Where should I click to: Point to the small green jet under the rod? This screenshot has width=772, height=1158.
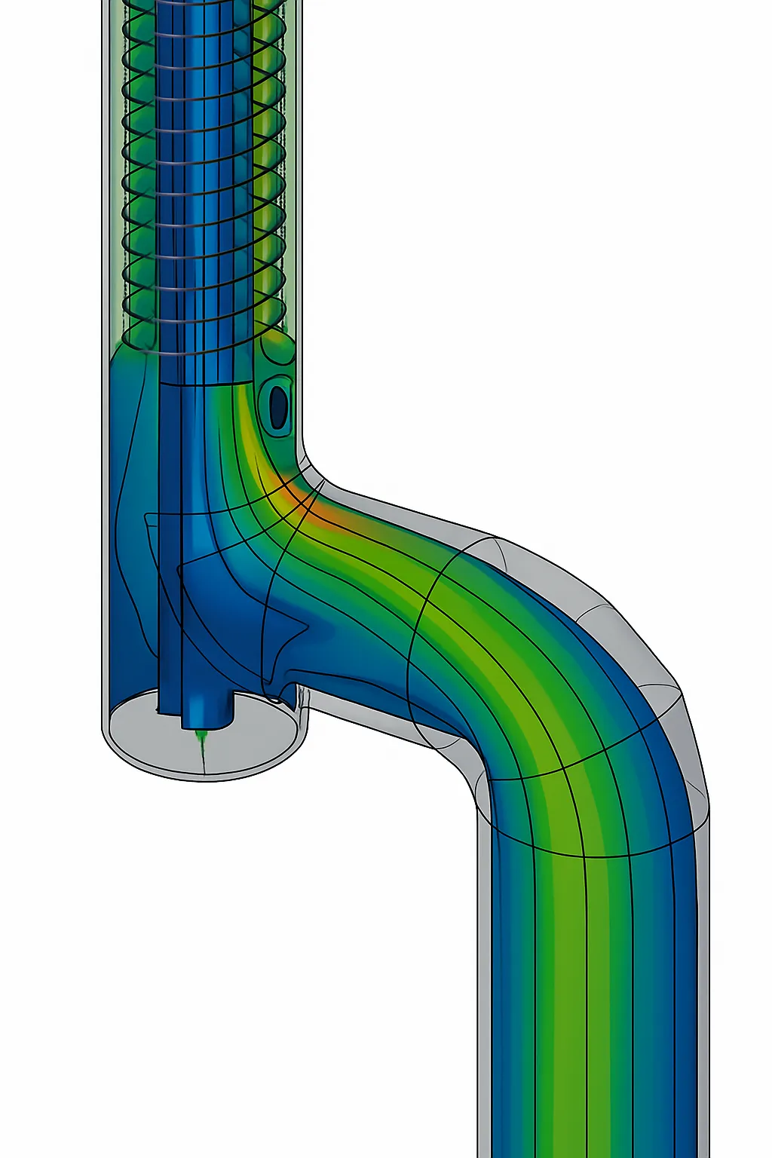201,742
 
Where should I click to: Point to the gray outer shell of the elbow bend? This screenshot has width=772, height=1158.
641,641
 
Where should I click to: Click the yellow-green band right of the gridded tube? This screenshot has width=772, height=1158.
268,188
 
